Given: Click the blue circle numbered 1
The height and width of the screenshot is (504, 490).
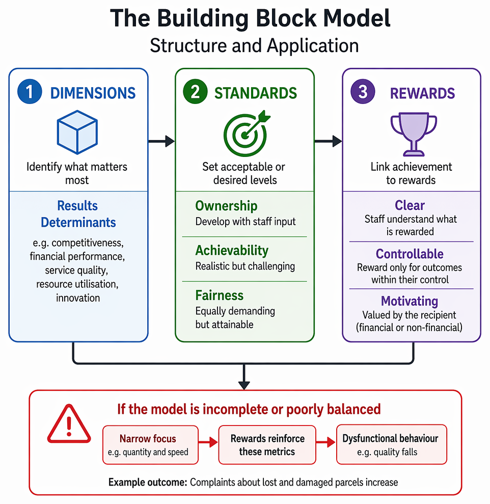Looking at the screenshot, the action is [x=30, y=92].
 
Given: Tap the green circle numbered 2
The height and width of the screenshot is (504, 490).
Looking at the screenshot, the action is [x=195, y=92].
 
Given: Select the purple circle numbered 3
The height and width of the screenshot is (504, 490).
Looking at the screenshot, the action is [x=363, y=92].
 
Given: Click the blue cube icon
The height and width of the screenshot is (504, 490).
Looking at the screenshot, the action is [x=77, y=132].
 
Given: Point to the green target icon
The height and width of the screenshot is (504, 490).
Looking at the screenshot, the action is [x=247, y=134].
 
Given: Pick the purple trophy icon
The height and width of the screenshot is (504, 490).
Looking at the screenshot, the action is [x=414, y=134].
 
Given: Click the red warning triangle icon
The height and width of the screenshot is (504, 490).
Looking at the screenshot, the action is [x=69, y=424].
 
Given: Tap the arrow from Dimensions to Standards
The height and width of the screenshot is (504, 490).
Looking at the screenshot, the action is [x=161, y=141].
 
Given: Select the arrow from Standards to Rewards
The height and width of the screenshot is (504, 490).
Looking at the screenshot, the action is [x=328, y=141].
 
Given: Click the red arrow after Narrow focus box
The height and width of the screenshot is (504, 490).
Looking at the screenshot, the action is [x=208, y=442].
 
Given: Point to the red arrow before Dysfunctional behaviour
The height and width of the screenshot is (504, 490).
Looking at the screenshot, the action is [x=326, y=442].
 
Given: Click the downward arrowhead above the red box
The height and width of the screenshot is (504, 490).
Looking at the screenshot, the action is [x=244, y=385].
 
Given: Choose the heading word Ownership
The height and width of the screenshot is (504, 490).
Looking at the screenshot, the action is [x=226, y=206].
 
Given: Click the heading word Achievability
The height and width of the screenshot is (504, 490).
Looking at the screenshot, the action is [x=232, y=251].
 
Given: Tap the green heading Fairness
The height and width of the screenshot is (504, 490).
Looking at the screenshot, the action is [x=220, y=296].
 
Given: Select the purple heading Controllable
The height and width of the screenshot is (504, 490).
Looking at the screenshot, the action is [x=410, y=254].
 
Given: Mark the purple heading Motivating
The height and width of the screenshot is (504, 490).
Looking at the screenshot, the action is [x=410, y=301].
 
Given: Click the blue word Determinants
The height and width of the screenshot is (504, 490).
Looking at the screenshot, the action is [x=78, y=222].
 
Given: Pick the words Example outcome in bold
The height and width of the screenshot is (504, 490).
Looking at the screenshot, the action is [x=148, y=482].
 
